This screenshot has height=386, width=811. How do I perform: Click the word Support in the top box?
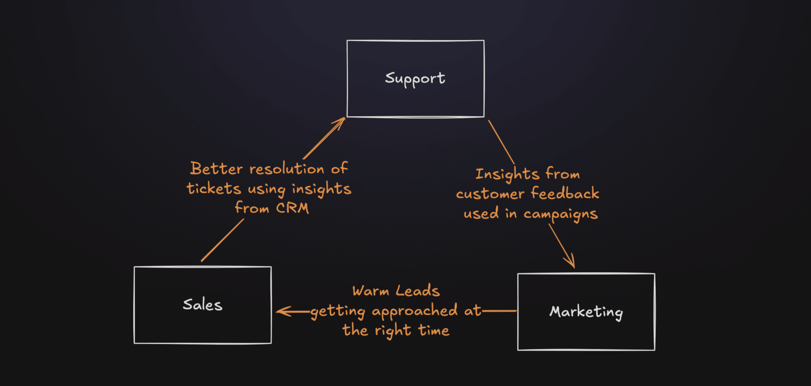pos(415,79)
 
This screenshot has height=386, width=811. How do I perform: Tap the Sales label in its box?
pos(202,305)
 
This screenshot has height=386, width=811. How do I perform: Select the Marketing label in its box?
pos(586,312)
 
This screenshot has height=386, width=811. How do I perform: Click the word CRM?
pos(292,208)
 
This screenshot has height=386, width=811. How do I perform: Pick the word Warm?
pos(370,291)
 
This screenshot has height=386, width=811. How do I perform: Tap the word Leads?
pos(418,291)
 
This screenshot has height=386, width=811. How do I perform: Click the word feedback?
pos(565,193)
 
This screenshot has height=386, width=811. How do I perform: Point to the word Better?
pos(217,169)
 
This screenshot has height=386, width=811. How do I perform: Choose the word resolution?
pos(287,169)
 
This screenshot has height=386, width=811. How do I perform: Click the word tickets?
pos(214,189)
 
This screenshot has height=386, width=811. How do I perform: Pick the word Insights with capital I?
pos(507,175)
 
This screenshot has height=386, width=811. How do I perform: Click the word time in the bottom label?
pos(434,331)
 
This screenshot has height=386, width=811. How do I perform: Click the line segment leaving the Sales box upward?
pos(222,240)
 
